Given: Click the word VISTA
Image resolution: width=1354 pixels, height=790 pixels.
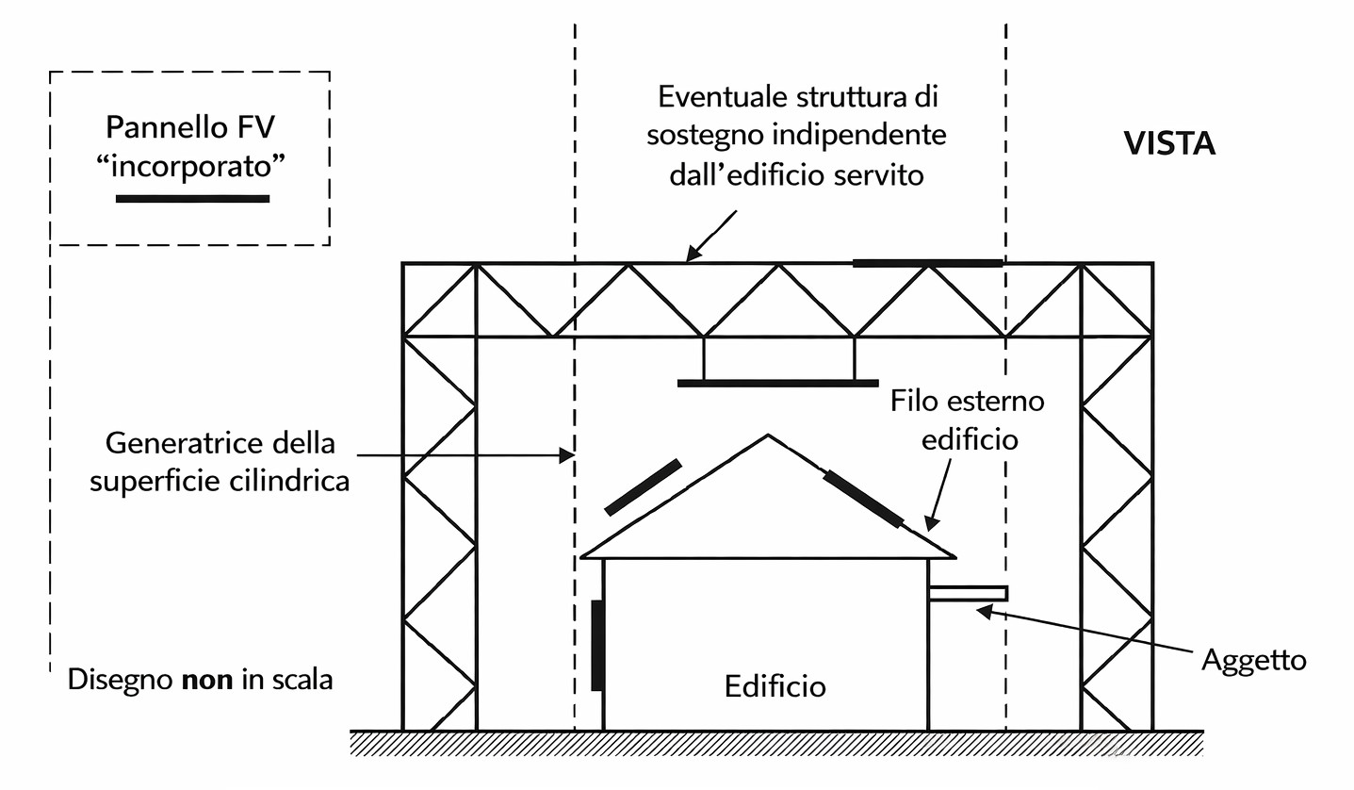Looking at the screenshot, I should click(x=1169, y=143).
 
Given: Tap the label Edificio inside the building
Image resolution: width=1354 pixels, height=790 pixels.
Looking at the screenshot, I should click(x=775, y=685).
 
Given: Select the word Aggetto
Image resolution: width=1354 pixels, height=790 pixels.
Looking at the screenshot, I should click(x=1253, y=659).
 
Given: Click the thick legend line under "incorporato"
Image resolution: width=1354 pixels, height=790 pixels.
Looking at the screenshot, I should click(x=192, y=199).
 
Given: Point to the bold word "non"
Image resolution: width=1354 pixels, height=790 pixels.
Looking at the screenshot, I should click(x=206, y=679).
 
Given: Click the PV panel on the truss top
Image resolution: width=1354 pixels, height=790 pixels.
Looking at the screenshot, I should click(x=927, y=263).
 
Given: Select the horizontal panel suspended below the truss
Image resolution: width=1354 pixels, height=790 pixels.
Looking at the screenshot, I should click(x=777, y=383).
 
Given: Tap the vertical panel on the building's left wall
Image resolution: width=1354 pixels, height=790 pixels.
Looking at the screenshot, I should click(x=596, y=645).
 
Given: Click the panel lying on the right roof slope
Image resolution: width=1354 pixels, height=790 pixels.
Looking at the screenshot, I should click(x=863, y=498).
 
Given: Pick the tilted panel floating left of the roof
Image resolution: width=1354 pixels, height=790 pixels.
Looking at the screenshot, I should click(x=643, y=487).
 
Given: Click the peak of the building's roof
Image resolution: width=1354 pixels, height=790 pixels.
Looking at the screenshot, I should click(x=769, y=436).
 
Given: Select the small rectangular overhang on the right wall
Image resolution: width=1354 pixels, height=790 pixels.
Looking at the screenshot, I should click(x=968, y=593).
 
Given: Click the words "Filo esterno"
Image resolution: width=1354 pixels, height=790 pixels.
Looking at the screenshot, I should click(x=967, y=401).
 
